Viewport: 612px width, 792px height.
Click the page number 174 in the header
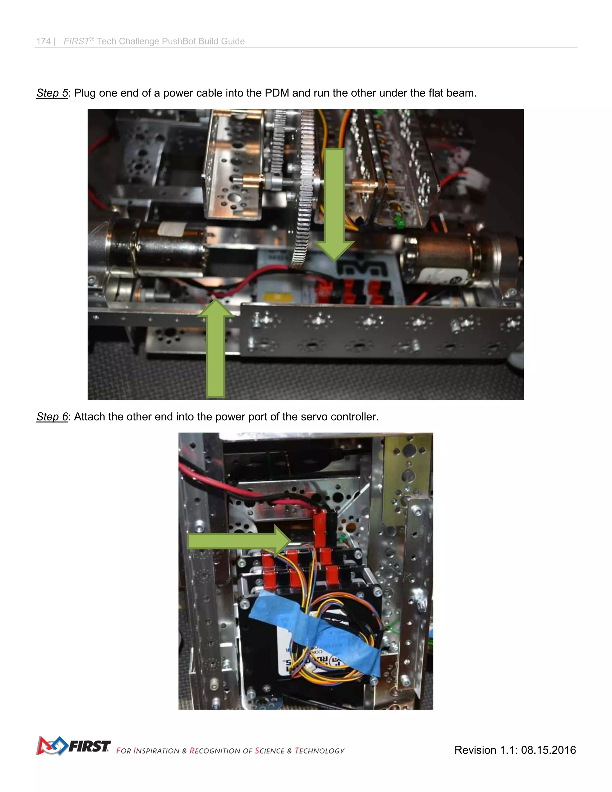tap(43, 41)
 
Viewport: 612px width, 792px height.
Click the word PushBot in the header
tap(179, 41)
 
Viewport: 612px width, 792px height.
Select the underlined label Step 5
tap(52, 93)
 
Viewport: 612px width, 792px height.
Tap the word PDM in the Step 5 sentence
tap(277, 93)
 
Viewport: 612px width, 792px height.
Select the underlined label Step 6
tap(52, 417)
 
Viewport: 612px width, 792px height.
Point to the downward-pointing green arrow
tap(334, 203)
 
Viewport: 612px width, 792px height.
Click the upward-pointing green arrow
tap(216, 348)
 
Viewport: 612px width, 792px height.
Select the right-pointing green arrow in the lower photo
tap(239, 541)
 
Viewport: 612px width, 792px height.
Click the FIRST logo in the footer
tap(74, 746)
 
